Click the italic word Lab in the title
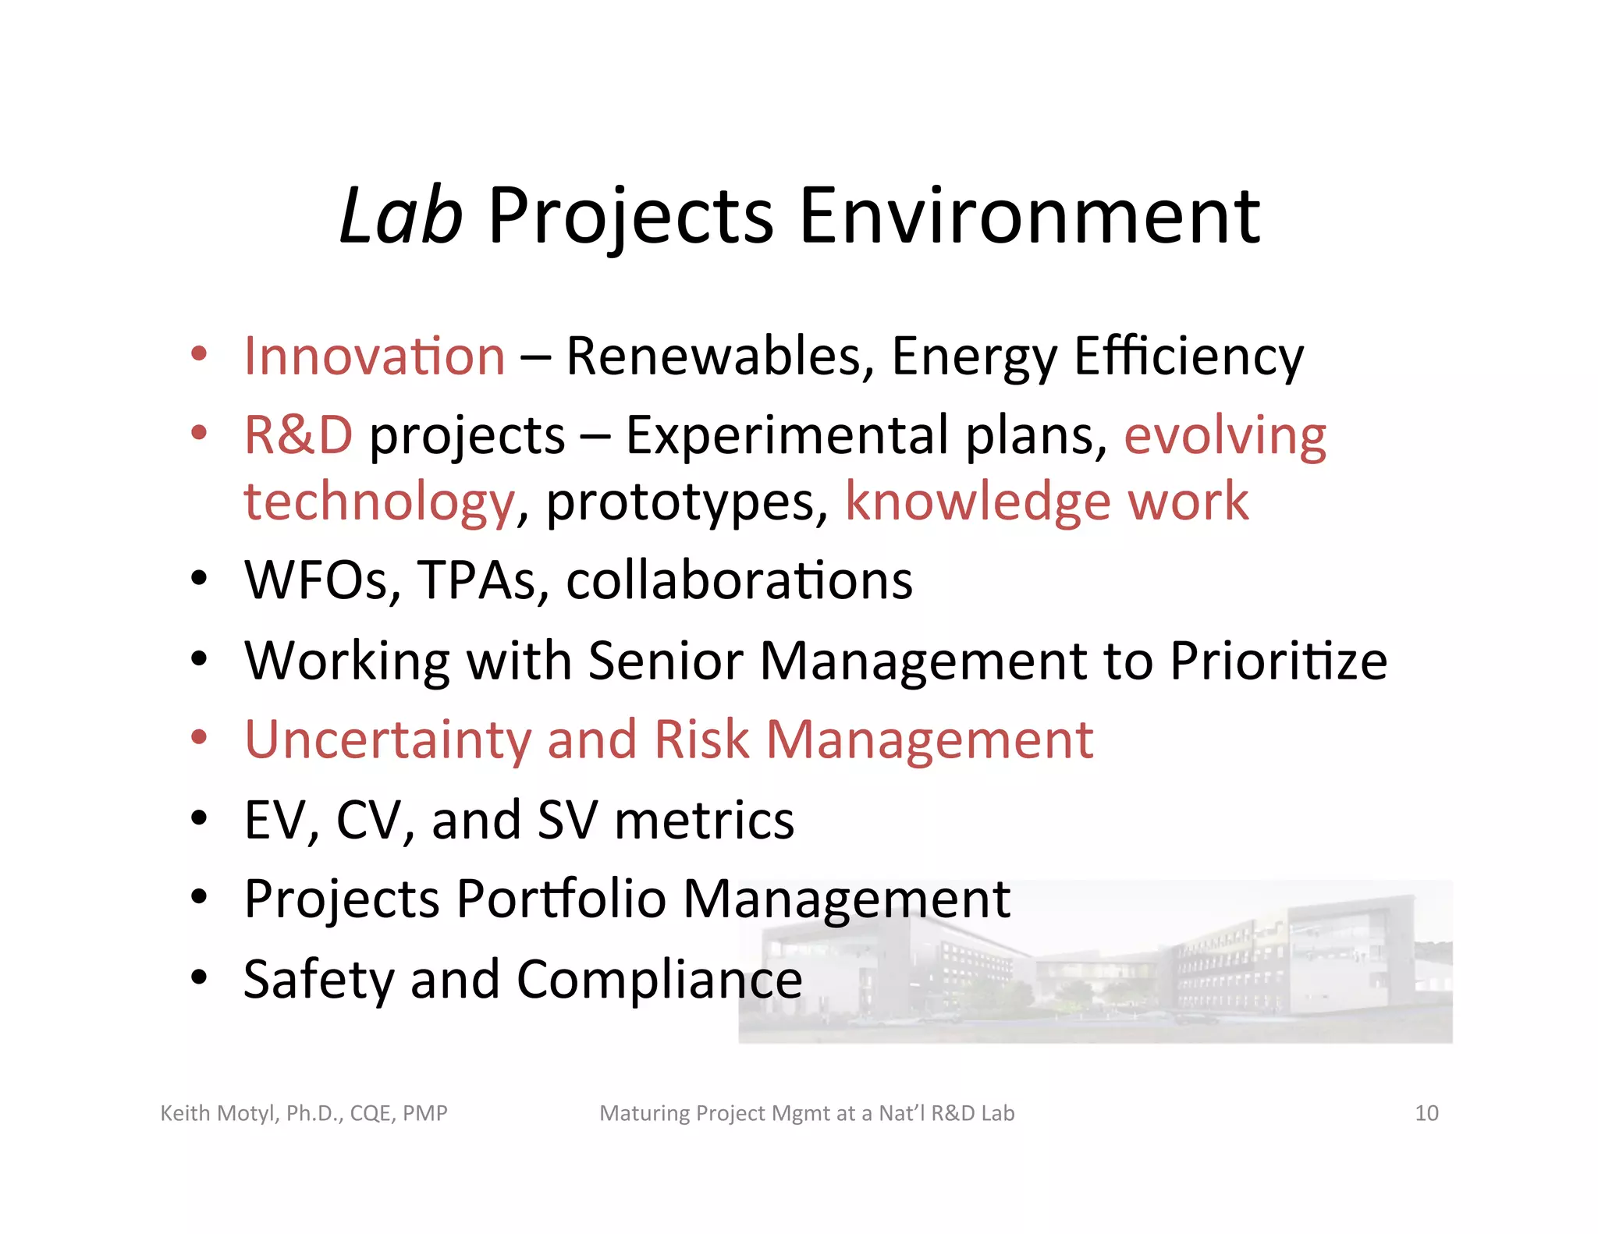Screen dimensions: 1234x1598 point(401,216)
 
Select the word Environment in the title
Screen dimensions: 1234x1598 point(1029,216)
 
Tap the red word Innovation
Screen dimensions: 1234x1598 point(375,356)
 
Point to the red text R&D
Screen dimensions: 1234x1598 point(298,435)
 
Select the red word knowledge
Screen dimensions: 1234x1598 point(978,502)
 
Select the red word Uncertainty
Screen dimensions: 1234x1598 point(387,740)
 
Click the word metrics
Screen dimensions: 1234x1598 point(704,821)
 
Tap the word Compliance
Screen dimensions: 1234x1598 point(659,980)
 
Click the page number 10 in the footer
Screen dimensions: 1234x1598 point(1426,1113)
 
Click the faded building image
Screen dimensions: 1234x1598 point(1170,967)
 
